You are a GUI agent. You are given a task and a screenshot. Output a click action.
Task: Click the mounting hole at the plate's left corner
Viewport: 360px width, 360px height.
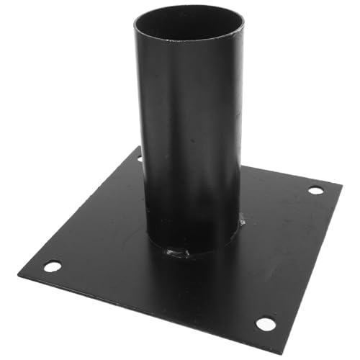pyautogui.click(x=52, y=266)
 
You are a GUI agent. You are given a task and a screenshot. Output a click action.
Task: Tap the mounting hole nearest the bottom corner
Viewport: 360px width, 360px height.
pyautogui.click(x=265, y=323)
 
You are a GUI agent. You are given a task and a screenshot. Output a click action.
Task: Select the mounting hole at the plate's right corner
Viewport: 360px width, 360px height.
pyautogui.click(x=315, y=190)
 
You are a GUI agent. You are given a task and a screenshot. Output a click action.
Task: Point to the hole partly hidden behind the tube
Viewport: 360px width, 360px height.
pyautogui.click(x=140, y=158)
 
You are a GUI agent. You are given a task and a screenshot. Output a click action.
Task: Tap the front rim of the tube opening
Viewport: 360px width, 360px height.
pyautogui.click(x=189, y=41)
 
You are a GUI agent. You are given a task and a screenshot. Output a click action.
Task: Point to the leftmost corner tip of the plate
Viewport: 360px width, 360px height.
pyautogui.click(x=19, y=272)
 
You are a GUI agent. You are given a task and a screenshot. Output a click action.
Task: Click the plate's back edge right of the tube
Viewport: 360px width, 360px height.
pyautogui.click(x=288, y=175)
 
